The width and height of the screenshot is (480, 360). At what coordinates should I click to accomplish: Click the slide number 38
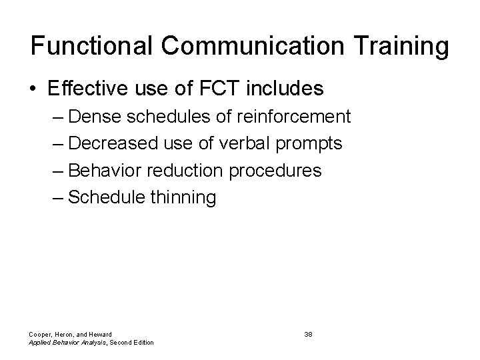click(308, 333)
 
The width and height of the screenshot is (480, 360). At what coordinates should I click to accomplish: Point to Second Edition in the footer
click(133, 343)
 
